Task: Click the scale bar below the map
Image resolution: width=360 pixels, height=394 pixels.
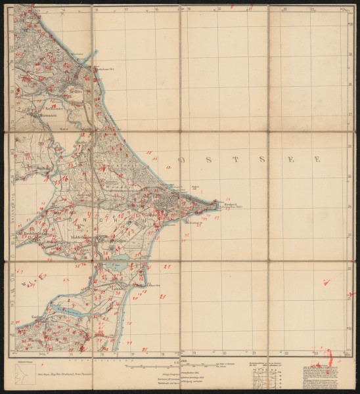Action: (x=177, y=365)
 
